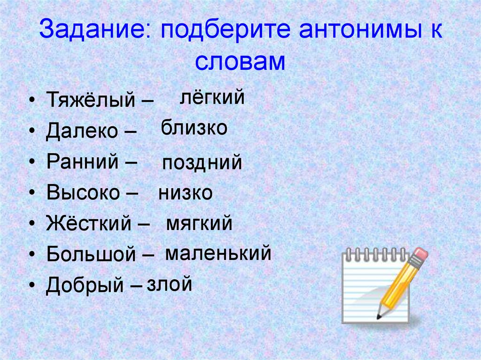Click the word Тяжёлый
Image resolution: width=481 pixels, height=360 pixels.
[x=91, y=99]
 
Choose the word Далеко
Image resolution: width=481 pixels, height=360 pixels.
[x=82, y=130]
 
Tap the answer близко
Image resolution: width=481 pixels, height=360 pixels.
[x=194, y=127]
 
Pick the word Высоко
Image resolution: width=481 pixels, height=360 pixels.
[x=83, y=192]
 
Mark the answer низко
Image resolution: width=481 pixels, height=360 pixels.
[x=185, y=193]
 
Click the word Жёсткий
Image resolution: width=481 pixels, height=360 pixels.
[x=89, y=223]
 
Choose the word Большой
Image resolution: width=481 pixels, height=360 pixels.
[x=91, y=254]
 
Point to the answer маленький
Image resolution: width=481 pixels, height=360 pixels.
[x=218, y=253]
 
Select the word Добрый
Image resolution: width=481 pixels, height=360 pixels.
[x=85, y=285]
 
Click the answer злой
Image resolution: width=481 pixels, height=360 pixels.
[x=169, y=283]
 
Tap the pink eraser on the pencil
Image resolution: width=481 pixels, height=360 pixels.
[x=419, y=254]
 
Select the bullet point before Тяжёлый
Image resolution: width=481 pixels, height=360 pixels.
[x=32, y=100]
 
